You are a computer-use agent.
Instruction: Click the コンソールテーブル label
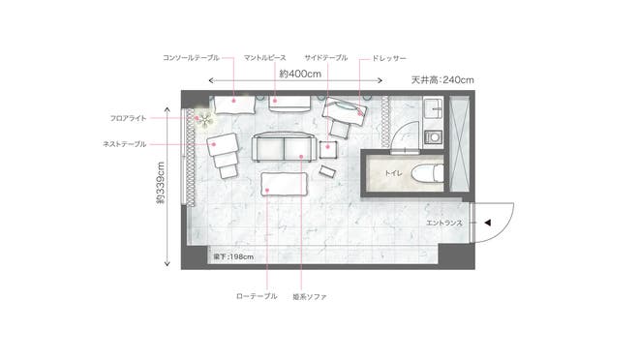[191, 58]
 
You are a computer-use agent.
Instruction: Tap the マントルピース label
[265, 58]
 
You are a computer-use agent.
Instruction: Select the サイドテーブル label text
[326, 58]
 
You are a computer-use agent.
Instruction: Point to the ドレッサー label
[389, 58]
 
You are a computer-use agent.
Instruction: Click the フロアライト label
[128, 118]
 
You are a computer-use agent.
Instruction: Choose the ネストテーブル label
[125, 144]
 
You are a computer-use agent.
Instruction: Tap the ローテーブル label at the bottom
[257, 296]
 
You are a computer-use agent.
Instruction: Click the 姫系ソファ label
[310, 297]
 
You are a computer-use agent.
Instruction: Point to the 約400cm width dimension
[300, 75]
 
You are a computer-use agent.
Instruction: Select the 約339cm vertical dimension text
[161, 183]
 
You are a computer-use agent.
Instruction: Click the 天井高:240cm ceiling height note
[442, 79]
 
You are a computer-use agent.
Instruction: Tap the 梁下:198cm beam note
[233, 257]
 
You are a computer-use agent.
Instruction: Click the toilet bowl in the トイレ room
[427, 173]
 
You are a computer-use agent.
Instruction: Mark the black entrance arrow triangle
[487, 223]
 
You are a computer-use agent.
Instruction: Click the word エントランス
[444, 224]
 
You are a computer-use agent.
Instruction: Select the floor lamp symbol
[204, 119]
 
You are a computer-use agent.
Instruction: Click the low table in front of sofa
[284, 184]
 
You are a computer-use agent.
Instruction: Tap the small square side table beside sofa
[328, 150]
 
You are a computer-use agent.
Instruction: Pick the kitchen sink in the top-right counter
[433, 108]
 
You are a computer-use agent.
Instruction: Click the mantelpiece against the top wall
[289, 104]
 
